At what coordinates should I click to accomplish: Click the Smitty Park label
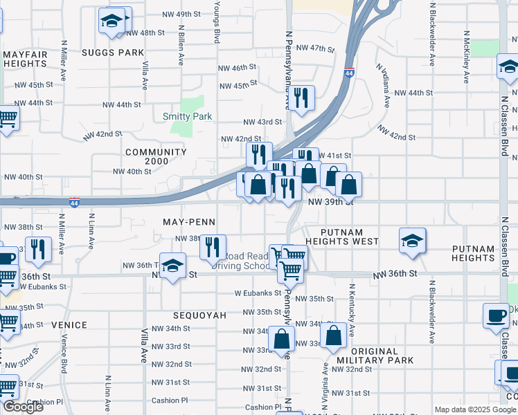pos(187,116)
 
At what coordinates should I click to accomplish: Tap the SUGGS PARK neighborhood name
pos(112,53)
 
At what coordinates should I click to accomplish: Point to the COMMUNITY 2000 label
pos(156,156)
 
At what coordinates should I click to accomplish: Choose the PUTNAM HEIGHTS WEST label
pos(350,236)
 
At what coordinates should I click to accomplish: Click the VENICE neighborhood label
pos(69,325)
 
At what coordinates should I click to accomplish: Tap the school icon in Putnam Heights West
pos(412,241)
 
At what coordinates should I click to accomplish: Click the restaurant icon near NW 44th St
pos(301,98)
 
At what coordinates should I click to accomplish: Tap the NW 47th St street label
pos(315,48)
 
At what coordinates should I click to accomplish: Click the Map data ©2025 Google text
pos(474,409)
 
